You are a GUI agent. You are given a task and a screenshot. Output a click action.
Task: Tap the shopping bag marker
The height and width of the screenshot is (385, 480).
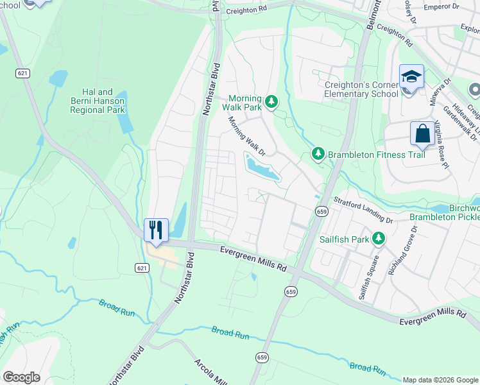(422, 134)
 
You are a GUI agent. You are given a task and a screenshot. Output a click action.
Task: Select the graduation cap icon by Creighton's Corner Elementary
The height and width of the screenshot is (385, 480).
(411, 77)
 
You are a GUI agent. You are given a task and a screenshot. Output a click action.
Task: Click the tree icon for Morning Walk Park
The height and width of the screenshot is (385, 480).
(271, 101)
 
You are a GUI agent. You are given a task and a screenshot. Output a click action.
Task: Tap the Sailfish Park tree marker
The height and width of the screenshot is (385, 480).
(379, 239)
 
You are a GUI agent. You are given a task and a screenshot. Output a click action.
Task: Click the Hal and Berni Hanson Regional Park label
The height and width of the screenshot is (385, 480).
(98, 101)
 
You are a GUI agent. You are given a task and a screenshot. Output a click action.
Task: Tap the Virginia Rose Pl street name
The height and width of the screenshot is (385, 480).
(441, 144)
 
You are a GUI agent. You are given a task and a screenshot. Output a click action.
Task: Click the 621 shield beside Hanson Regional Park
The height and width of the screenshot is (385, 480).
(23, 74)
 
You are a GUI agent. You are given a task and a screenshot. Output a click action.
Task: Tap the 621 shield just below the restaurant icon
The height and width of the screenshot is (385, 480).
(142, 266)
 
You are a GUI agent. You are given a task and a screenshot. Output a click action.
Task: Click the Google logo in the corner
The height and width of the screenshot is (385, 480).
(21, 377)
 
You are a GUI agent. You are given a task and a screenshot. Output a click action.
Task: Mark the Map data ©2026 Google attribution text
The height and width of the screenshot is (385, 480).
(440, 380)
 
